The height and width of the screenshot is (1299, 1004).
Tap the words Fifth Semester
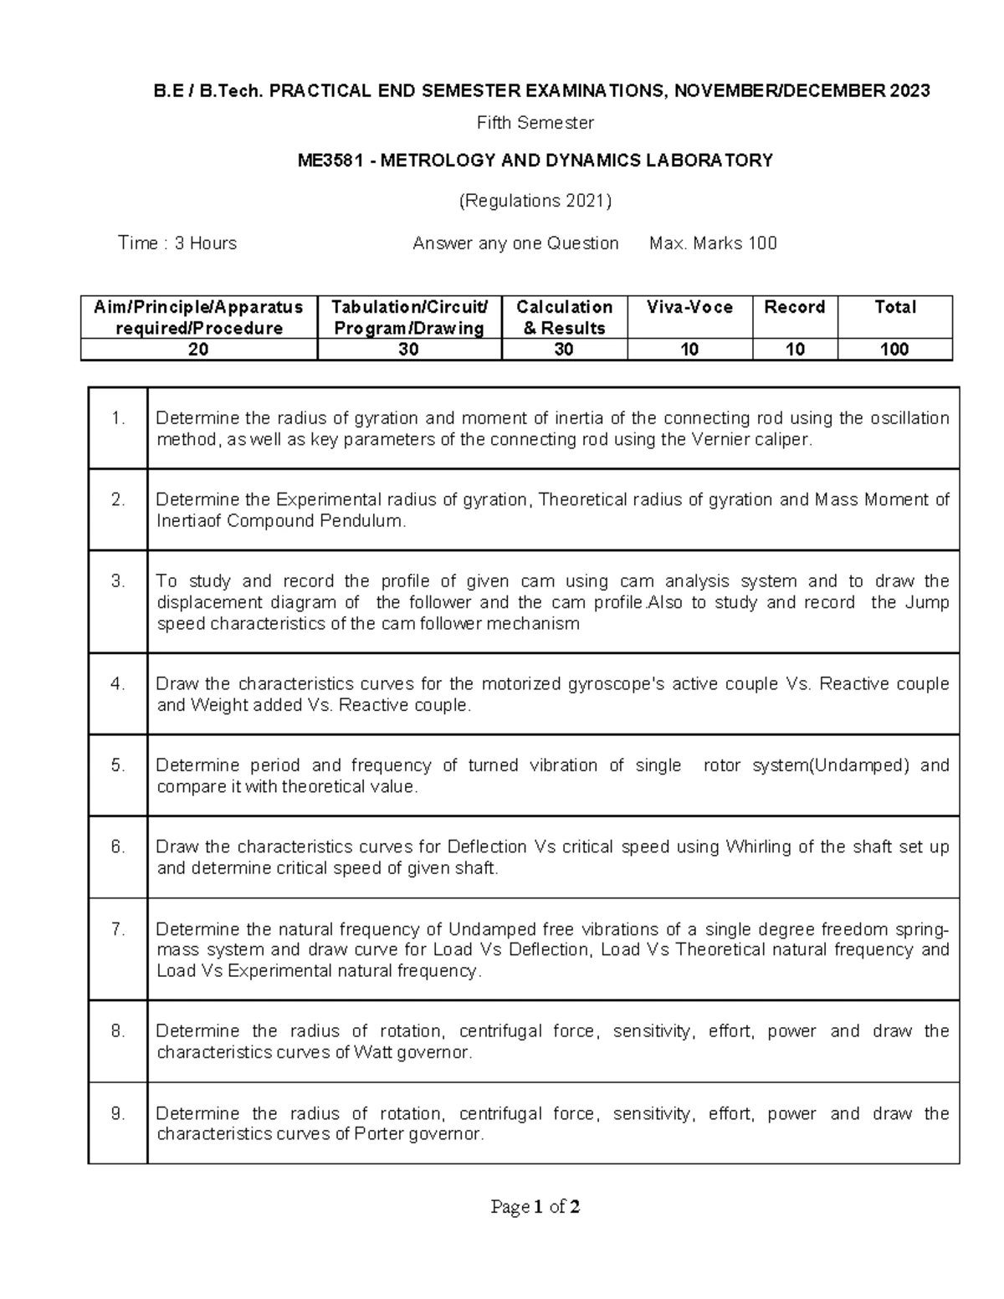pyautogui.click(x=535, y=123)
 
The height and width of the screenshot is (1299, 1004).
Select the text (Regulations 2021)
pyautogui.click(x=535, y=201)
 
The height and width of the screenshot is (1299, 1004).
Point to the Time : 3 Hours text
pyautogui.click(x=177, y=243)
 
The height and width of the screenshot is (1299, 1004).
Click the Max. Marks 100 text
pyautogui.click(x=713, y=243)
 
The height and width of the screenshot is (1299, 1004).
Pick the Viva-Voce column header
pyautogui.click(x=689, y=308)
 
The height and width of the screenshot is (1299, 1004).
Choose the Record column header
pyautogui.click(x=794, y=308)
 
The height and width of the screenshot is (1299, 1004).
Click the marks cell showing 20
pyautogui.click(x=198, y=350)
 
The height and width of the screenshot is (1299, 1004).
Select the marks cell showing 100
pyautogui.click(x=894, y=350)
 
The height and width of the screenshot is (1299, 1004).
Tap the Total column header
pyautogui.click(x=894, y=308)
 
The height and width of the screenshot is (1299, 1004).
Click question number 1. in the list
pyautogui.click(x=118, y=418)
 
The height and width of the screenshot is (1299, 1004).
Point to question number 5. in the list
pyautogui.click(x=118, y=765)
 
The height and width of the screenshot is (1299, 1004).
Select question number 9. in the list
pyautogui.click(x=118, y=1113)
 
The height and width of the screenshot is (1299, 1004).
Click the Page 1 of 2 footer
pyautogui.click(x=535, y=1207)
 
